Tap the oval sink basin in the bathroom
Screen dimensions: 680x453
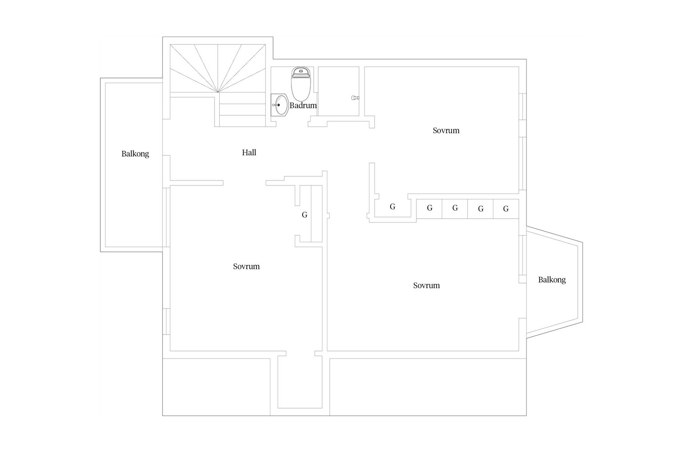(x=282, y=105)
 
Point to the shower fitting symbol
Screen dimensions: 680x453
(x=355, y=98)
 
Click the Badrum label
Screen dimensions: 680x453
(x=303, y=106)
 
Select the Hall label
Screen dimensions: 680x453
(x=249, y=152)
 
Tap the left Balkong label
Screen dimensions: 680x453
(x=135, y=154)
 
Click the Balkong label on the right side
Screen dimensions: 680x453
(x=552, y=280)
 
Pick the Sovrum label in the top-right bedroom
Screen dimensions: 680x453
(x=446, y=130)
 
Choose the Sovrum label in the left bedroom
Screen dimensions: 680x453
(x=246, y=266)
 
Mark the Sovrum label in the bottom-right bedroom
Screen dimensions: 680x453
(x=426, y=285)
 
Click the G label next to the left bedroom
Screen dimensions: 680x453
(x=304, y=215)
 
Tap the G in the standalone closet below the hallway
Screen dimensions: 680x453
(x=392, y=207)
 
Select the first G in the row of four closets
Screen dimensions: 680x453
(x=430, y=208)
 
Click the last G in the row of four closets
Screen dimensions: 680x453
(x=506, y=209)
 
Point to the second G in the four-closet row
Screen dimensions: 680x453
(x=455, y=208)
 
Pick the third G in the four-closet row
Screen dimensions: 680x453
(x=480, y=209)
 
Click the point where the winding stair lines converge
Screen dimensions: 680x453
(x=218, y=92)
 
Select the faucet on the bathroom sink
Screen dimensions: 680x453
(x=276, y=105)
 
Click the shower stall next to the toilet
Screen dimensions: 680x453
(x=338, y=91)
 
